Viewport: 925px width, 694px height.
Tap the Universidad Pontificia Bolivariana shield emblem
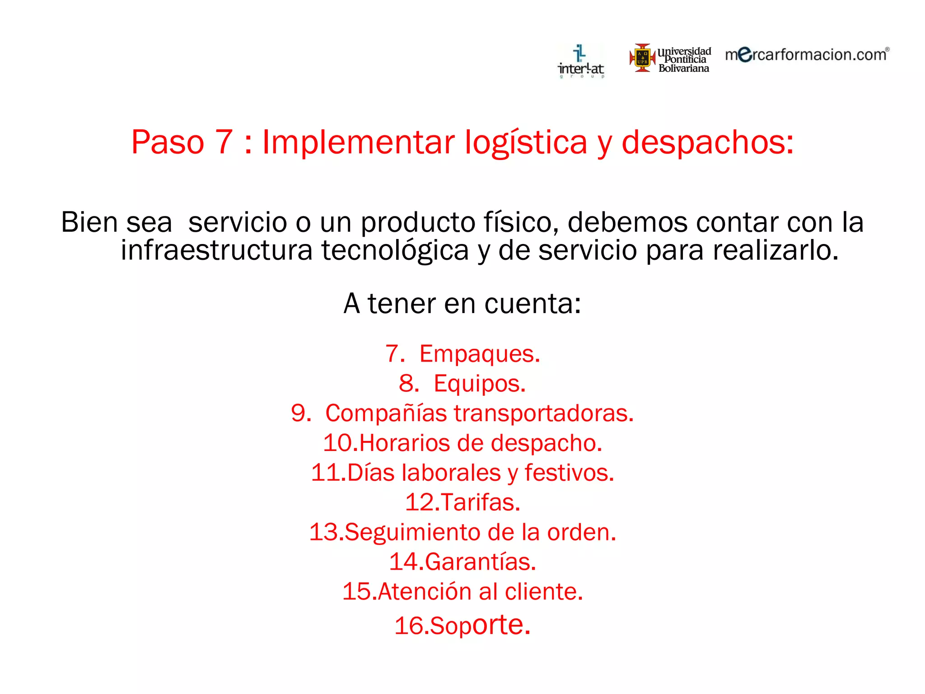click(x=642, y=58)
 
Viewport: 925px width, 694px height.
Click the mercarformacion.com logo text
click(x=807, y=55)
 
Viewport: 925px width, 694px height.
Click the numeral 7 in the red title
click(x=224, y=142)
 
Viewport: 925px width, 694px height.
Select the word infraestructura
click(x=216, y=250)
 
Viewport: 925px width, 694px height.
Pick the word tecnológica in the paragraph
click(x=395, y=251)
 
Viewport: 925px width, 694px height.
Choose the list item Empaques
click(x=479, y=354)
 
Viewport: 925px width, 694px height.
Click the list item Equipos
click(x=479, y=384)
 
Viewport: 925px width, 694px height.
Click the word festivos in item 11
click(x=569, y=473)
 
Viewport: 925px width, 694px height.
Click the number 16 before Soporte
click(x=410, y=626)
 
